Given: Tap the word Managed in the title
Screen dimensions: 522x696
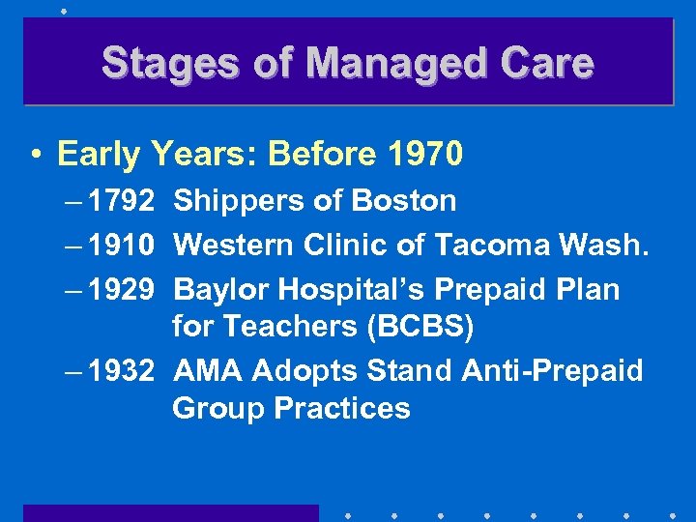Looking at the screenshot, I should coord(378,64).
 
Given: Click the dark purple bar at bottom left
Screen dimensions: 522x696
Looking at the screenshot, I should coord(170,512).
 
